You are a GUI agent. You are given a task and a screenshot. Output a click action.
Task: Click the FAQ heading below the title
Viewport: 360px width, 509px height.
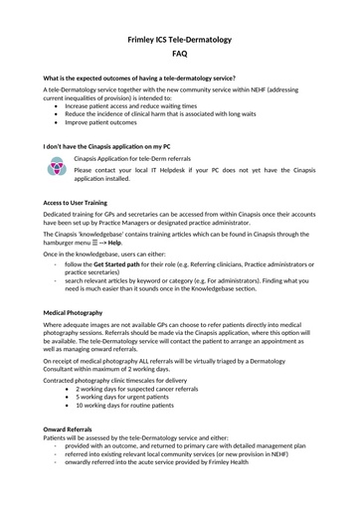coord(180,54)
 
